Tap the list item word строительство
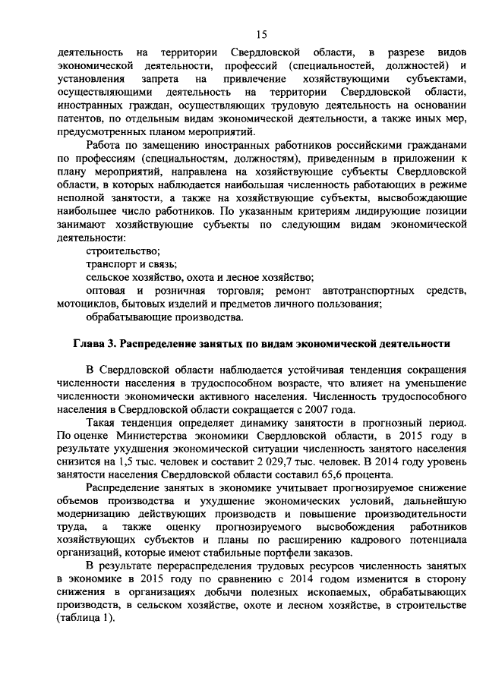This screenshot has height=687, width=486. (x=123, y=251)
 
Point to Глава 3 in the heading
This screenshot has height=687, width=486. (x=94, y=344)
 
